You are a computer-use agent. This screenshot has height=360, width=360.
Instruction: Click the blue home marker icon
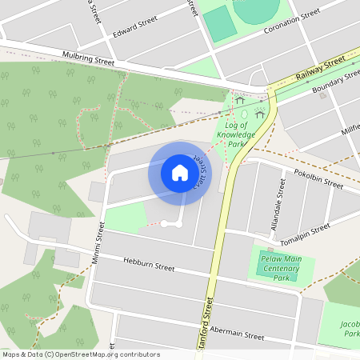pyautogui.click(x=179, y=173)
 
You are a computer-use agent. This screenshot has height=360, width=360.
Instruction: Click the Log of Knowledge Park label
pyautogui.click(x=237, y=134)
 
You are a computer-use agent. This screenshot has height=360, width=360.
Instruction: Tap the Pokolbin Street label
pyautogui.click(x=318, y=178)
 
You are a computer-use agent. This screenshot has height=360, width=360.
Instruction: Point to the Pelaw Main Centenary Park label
pyautogui.click(x=281, y=268)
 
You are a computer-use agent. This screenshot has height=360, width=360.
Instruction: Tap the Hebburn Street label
pyautogui.click(x=149, y=264)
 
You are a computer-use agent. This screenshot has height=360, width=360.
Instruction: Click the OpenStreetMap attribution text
pyautogui.click(x=81, y=354)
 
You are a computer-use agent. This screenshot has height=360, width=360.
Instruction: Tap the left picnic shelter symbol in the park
pyautogui.click(x=239, y=101)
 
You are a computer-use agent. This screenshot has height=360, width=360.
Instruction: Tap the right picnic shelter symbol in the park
pyautogui.click(x=259, y=114)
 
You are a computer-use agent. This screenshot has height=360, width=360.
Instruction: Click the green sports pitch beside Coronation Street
pyautogui.click(x=219, y=25)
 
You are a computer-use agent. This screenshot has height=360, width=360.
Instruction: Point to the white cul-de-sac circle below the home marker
pyautogui.click(x=164, y=224)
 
